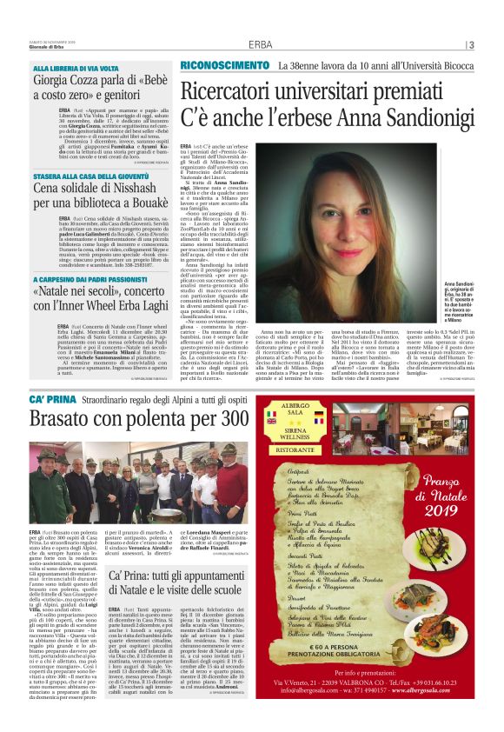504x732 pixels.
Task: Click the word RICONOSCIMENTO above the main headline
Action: coord(224,66)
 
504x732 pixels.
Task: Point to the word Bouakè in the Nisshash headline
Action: coord(134,203)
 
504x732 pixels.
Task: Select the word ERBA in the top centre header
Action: coord(260,45)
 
